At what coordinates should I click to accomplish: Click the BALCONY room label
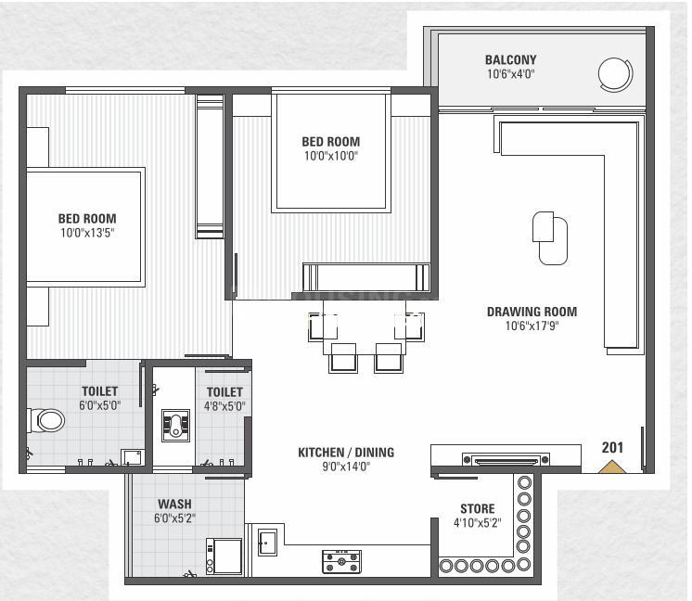[510, 59]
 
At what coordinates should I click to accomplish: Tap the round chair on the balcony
[615, 74]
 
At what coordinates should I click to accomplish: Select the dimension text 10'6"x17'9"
[532, 326]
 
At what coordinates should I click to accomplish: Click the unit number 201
[612, 447]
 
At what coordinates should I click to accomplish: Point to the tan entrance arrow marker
[611, 467]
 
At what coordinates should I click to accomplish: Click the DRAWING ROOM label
[532, 312]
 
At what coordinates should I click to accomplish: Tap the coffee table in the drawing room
[550, 237]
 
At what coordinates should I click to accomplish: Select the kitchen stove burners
[341, 561]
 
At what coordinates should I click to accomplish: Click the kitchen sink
[267, 543]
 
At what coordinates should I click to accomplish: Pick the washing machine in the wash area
[224, 556]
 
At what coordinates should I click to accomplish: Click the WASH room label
[174, 504]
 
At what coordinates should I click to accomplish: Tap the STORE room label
[478, 509]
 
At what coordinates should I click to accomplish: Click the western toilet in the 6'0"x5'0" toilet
[46, 420]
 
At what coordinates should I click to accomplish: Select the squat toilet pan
[175, 426]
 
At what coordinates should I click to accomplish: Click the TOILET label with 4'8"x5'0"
[224, 391]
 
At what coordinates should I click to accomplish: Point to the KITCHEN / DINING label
[346, 453]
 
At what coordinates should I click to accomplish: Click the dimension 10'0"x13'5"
[87, 233]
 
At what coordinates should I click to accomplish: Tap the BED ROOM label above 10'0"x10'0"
[331, 142]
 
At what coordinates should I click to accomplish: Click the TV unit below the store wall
[506, 460]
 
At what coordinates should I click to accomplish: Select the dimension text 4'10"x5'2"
[478, 523]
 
